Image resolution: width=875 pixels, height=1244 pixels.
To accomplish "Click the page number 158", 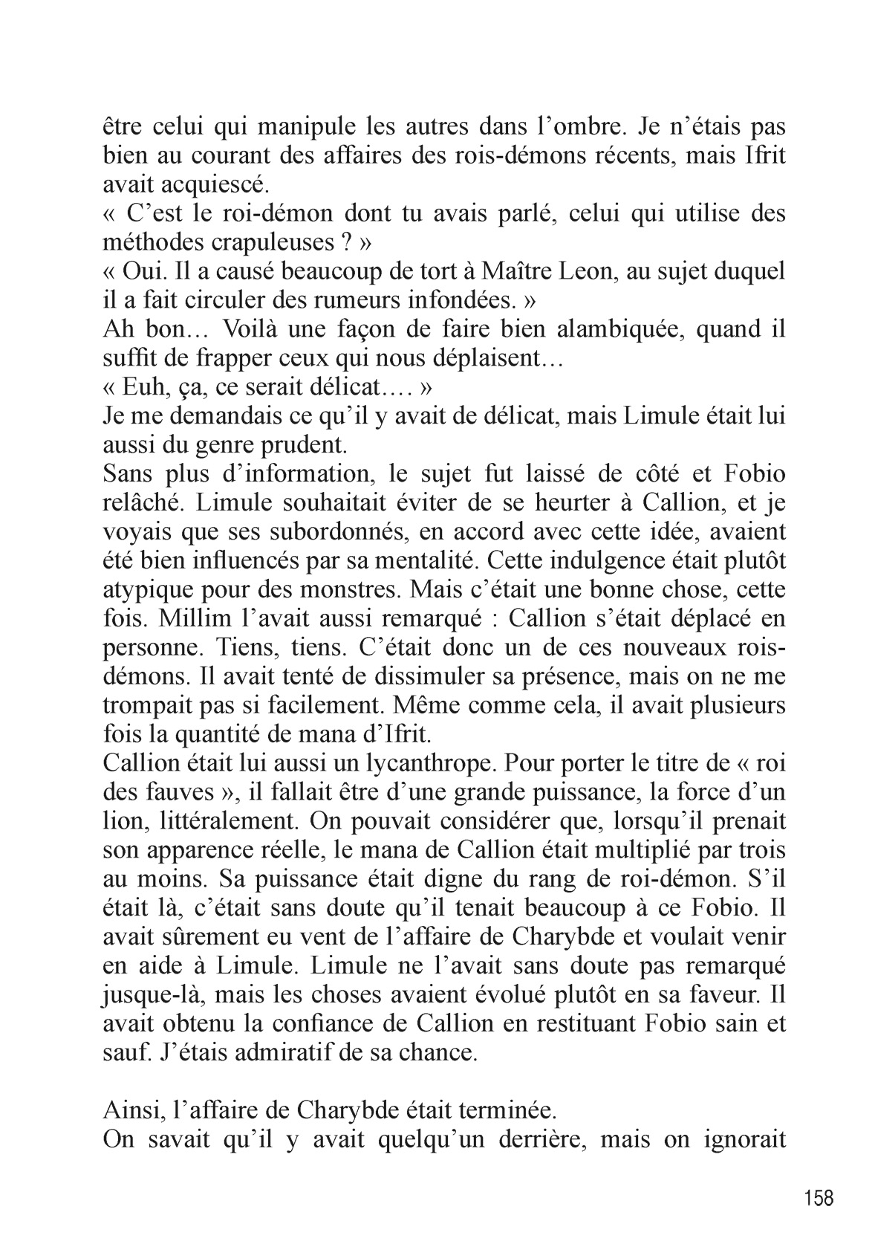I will (818, 1198).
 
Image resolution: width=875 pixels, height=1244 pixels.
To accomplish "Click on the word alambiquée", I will (614, 329).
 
